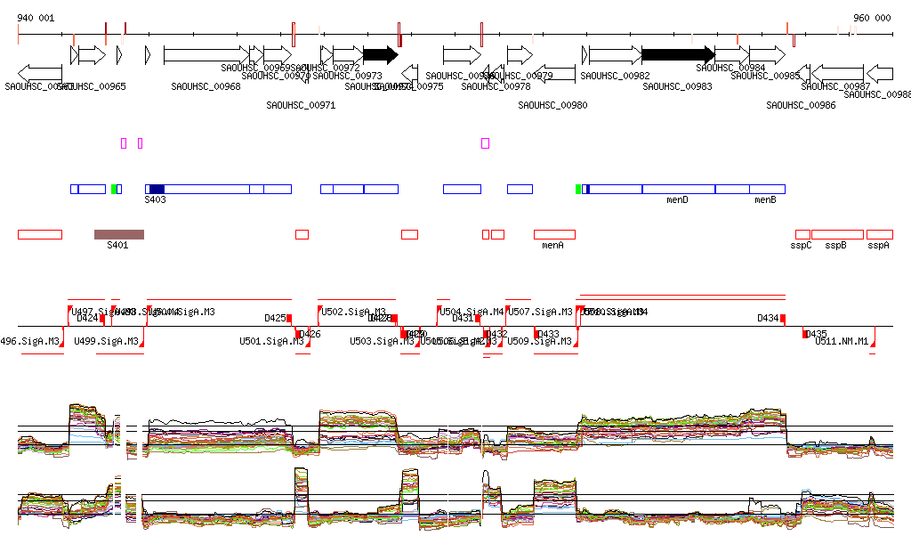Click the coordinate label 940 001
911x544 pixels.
tap(36, 18)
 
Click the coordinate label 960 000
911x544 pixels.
tap(872, 18)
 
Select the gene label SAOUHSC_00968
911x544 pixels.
tap(206, 86)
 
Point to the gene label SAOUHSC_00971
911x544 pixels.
tap(301, 105)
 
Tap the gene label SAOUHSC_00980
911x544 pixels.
tap(552, 105)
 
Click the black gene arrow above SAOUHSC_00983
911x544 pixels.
tap(677, 54)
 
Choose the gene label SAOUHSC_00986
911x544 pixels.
tap(801, 105)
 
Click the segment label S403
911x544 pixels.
tap(156, 200)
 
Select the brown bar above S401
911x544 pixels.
tap(118, 234)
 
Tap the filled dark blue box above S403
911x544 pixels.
tap(157, 189)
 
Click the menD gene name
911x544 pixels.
tap(677, 200)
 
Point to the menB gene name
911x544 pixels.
tap(765, 200)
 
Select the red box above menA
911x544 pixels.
tap(554, 234)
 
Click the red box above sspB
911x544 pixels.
tap(836, 234)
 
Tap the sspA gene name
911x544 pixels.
tap(879, 246)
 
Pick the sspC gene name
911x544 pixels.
tap(802, 246)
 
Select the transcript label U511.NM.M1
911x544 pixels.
tap(842, 341)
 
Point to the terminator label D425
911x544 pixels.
tap(275, 318)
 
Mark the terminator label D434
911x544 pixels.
tap(768, 318)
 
